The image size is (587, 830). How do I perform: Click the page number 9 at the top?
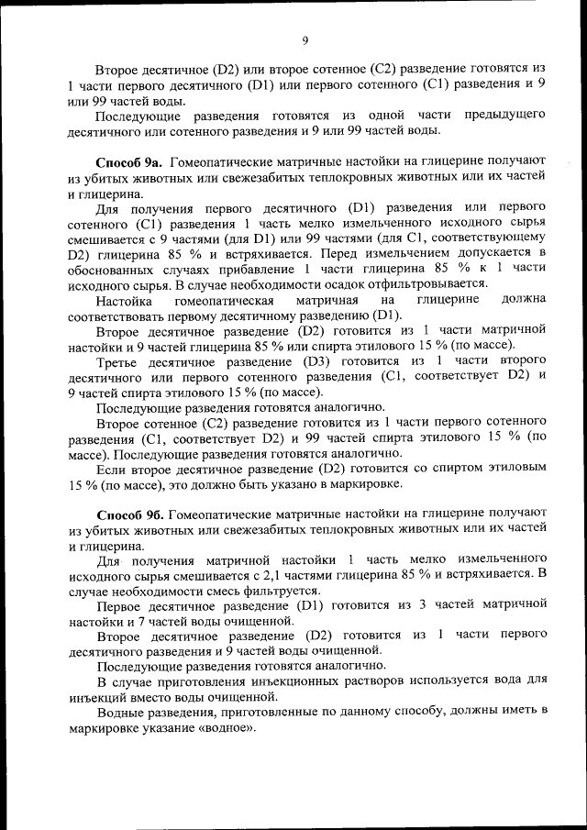coord(305,39)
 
